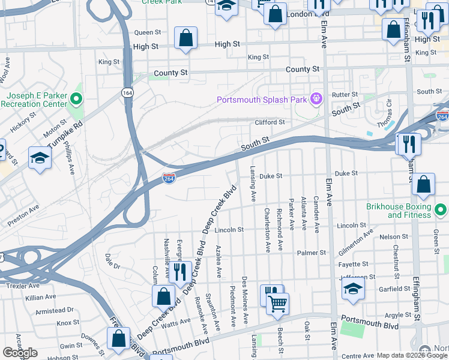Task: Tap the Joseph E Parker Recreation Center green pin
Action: (x=76, y=99)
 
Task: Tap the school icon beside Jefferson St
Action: (x=354, y=290)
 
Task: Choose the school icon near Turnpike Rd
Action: (x=40, y=157)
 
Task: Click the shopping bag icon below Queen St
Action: (x=186, y=37)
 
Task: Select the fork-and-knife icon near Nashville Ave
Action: (x=179, y=272)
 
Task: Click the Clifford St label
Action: (x=270, y=122)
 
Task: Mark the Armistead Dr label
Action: (x=54, y=310)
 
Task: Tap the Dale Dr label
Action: (x=112, y=260)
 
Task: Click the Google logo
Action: (x=20, y=353)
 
